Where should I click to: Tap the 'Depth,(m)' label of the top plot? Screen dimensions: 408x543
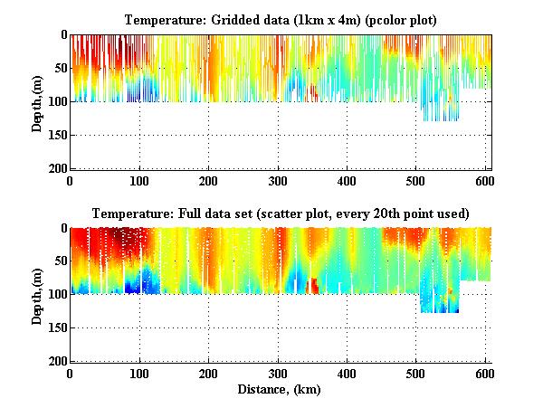[37, 101]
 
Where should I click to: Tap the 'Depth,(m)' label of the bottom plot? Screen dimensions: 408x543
[37, 295]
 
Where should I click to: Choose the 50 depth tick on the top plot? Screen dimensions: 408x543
[59, 68]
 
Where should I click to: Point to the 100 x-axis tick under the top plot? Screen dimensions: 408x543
[139, 179]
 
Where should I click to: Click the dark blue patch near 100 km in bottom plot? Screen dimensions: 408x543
[135, 284]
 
